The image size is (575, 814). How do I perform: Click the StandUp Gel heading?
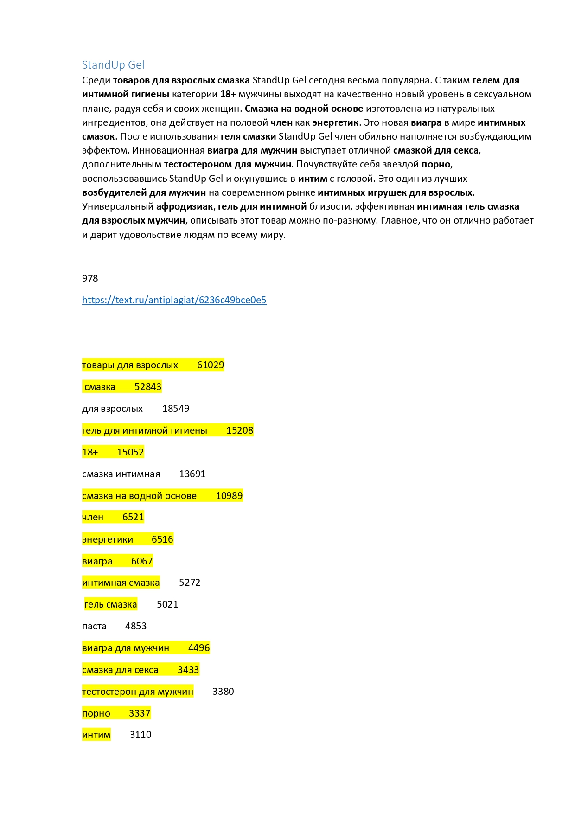pyautogui.click(x=113, y=65)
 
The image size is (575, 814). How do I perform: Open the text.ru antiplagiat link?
pyautogui.click(x=174, y=300)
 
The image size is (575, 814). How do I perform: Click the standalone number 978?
pyautogui.click(x=90, y=278)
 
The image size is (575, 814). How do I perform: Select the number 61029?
pyautogui.click(x=211, y=365)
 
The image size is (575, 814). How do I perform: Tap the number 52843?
pyautogui.click(x=148, y=387)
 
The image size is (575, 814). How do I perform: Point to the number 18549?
pyautogui.click(x=176, y=409)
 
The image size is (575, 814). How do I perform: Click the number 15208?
pyautogui.click(x=240, y=430)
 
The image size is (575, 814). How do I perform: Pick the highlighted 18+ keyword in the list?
pyautogui.click(x=90, y=452)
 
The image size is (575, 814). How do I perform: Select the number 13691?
pyautogui.click(x=192, y=474)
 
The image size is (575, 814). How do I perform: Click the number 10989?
pyautogui.click(x=229, y=496)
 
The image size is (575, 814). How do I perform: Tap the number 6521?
pyautogui.click(x=133, y=517)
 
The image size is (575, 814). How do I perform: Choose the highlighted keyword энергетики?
pyautogui.click(x=108, y=539)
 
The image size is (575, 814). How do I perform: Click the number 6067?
pyautogui.click(x=142, y=561)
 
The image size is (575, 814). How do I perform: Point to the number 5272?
pyautogui.click(x=190, y=583)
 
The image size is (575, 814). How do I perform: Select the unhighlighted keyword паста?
pyautogui.click(x=94, y=626)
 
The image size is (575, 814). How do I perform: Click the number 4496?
pyautogui.click(x=199, y=648)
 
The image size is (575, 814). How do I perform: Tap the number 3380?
pyautogui.click(x=223, y=692)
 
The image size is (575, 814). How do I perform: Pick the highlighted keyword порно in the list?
pyautogui.click(x=96, y=713)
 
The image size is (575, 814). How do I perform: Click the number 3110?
pyautogui.click(x=141, y=735)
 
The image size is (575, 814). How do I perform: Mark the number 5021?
pyautogui.click(x=167, y=604)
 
